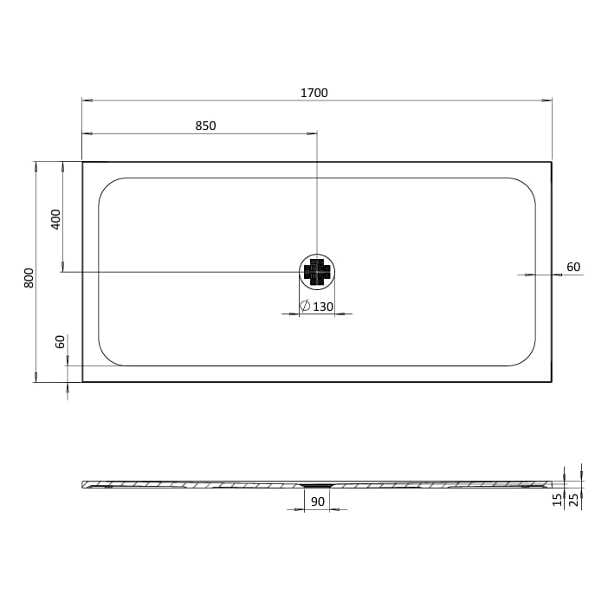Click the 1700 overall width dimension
314,93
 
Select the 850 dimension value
205,126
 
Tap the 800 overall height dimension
29,277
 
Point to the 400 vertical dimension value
56,218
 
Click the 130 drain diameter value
323,307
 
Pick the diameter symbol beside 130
305,306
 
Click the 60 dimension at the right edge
573,266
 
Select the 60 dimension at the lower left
61,341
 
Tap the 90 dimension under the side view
317,501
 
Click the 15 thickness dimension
559,498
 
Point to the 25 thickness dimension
575,498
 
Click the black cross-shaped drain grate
317,272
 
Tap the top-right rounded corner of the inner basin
525,188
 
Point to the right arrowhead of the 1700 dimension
547,100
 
